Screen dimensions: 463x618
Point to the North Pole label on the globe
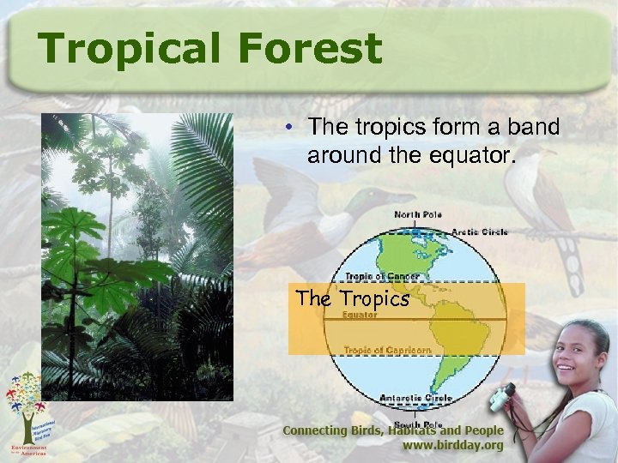tap(418, 213)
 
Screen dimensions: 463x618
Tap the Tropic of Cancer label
tap(381, 276)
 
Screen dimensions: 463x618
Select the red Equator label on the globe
tap(360, 315)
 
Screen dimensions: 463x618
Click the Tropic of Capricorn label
tap(387, 350)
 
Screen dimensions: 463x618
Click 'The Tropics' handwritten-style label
tap(352, 299)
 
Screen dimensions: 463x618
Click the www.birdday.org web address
tap(453, 447)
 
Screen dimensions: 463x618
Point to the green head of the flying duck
tap(382, 201)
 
